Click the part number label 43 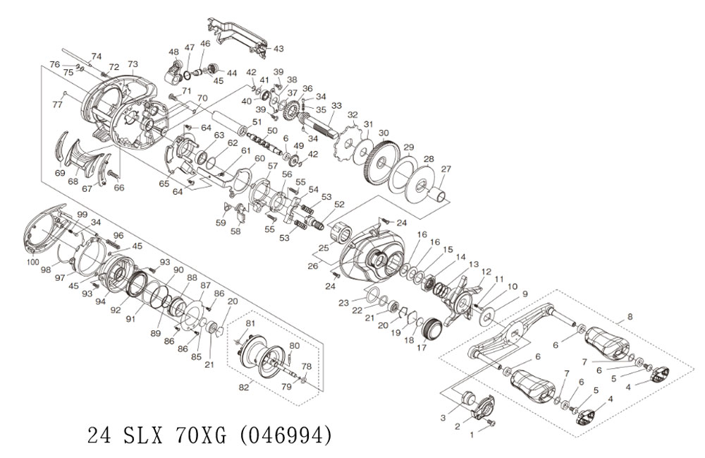click(278, 48)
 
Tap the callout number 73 click(133, 64)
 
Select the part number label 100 click(33, 263)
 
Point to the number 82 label click(244, 388)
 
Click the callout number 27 click(446, 169)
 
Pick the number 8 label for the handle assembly click(630, 317)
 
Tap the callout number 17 click(422, 348)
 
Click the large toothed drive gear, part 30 click(381, 162)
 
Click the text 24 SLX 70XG click(157, 435)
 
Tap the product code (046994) click(284, 435)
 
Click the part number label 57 click(273, 166)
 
